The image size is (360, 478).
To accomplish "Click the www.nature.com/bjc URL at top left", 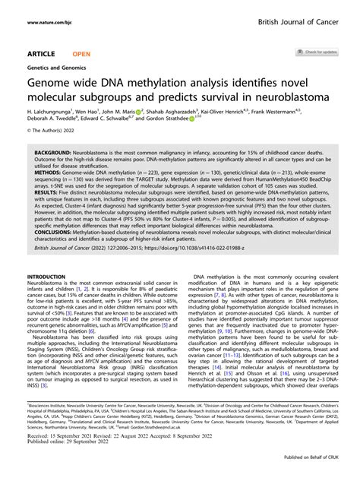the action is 54,23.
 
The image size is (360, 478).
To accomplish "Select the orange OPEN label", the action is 82,53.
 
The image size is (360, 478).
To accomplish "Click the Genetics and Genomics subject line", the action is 55,67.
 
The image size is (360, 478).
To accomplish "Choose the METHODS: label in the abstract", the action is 49,173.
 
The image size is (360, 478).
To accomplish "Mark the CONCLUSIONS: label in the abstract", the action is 56,245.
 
